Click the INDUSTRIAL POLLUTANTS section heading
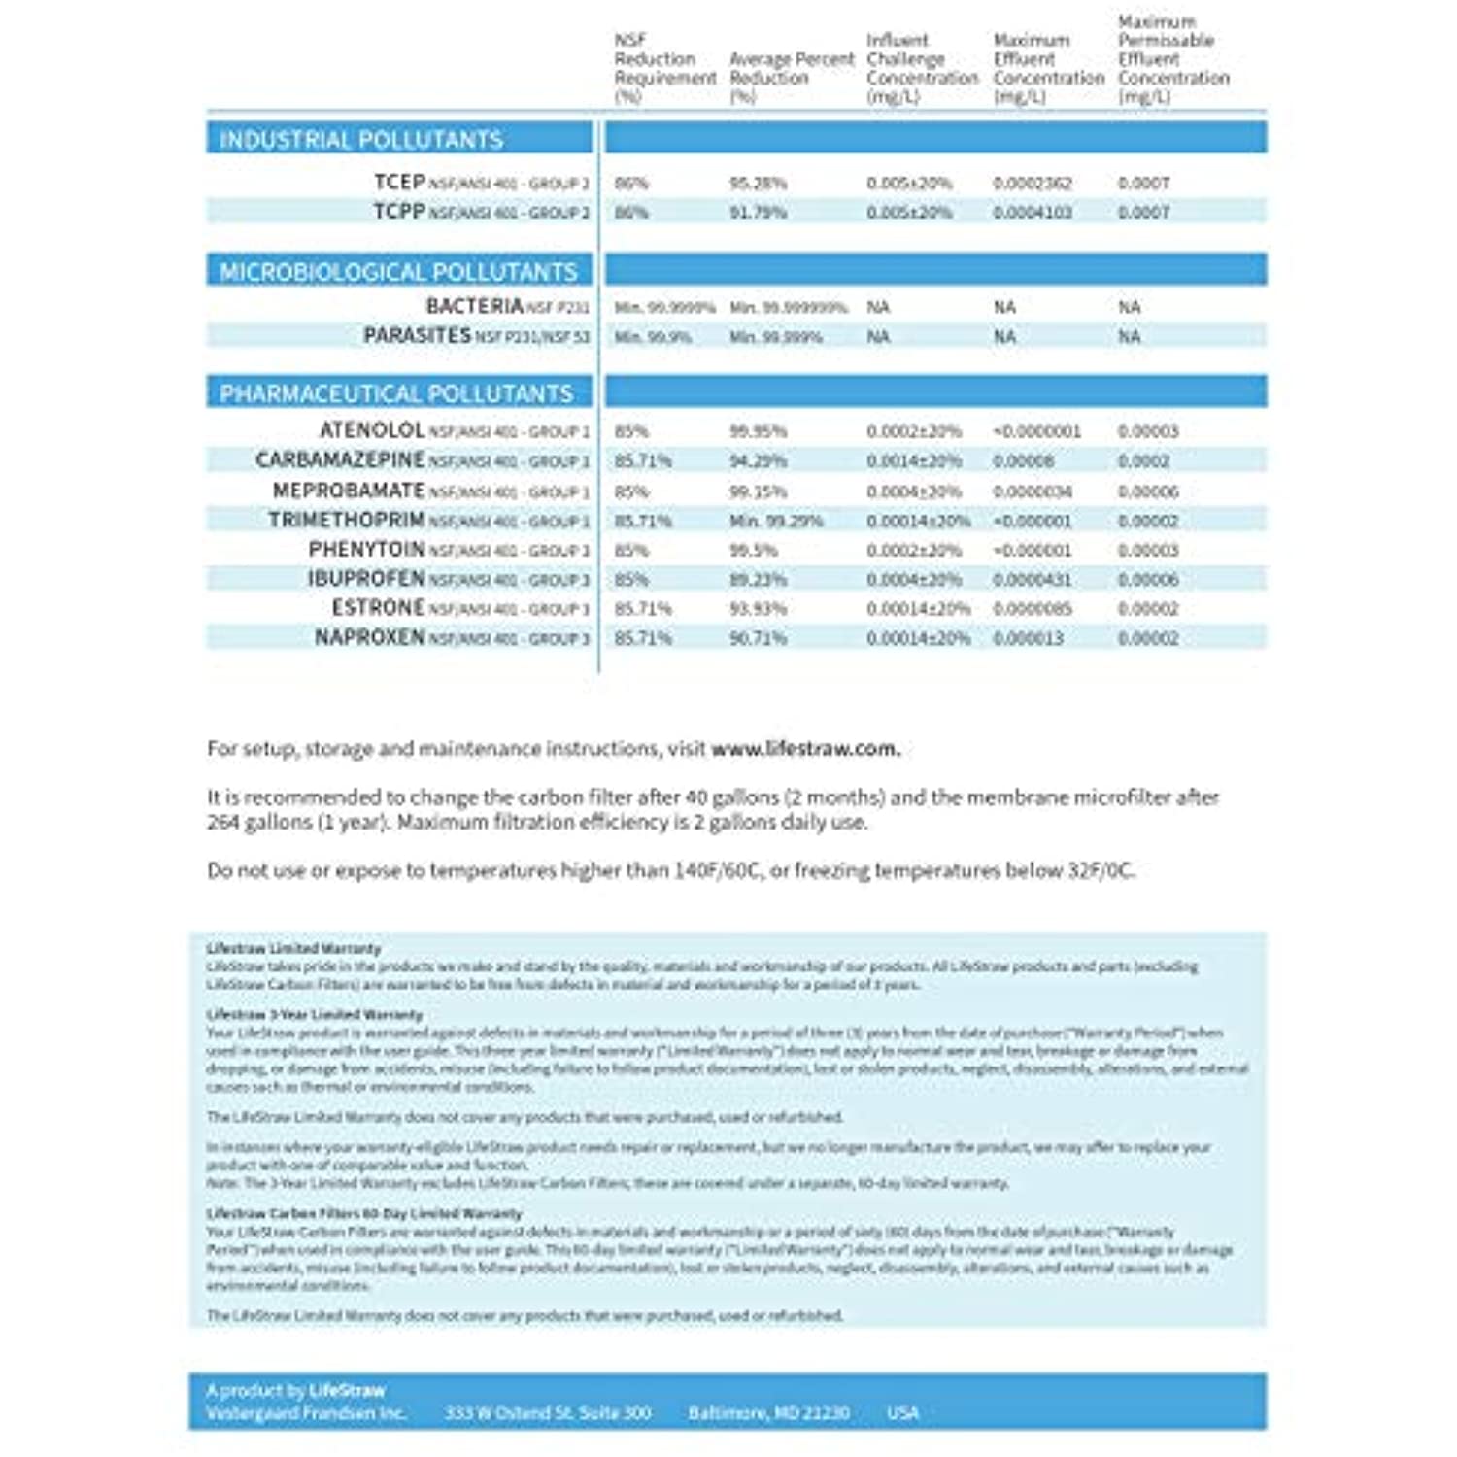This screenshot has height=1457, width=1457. click(361, 140)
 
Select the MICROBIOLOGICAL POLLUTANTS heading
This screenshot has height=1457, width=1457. click(398, 272)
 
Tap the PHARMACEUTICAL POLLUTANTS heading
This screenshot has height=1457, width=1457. click(396, 393)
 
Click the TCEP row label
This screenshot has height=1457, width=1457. click(399, 183)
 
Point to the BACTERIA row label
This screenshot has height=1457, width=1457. click(474, 307)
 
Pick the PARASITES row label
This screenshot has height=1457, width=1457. click(417, 336)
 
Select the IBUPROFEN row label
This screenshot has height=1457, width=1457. click(366, 579)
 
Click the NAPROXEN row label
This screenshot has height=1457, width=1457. click(369, 638)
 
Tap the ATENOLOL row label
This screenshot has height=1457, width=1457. click(372, 430)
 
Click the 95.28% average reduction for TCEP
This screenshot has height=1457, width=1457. click(758, 184)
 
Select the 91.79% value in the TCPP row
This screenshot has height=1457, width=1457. click(758, 213)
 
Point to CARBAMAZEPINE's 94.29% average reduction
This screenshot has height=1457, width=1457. click(758, 461)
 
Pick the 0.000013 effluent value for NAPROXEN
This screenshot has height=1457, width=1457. click(1028, 639)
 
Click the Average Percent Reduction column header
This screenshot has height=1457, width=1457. click(791, 69)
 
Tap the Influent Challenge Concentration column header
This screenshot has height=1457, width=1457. click(921, 69)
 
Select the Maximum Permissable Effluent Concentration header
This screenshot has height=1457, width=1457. click(1172, 59)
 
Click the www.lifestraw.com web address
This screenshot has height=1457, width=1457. click(805, 749)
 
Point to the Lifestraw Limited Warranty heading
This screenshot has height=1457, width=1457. click(293, 948)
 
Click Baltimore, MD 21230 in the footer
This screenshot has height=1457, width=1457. click(768, 1413)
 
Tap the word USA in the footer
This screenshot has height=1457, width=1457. click(902, 1413)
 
